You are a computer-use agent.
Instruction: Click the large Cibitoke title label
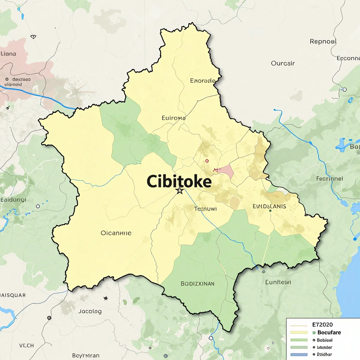click(179, 181)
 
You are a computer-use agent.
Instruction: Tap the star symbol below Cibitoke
click(180, 191)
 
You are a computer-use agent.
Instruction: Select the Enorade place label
click(202, 81)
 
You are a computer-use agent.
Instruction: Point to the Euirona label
click(173, 118)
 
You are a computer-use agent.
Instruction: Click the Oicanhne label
click(116, 233)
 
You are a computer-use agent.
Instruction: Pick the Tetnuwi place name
click(205, 208)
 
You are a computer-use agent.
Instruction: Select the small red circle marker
click(207, 161)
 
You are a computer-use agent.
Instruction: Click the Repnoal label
click(323, 41)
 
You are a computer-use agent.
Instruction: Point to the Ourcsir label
click(283, 64)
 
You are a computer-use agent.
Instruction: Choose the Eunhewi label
click(278, 282)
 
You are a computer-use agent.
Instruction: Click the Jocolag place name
click(90, 311)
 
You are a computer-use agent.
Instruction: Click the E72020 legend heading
click(322, 325)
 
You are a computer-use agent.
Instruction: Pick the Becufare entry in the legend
click(329, 333)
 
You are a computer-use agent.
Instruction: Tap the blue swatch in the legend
click(299, 354)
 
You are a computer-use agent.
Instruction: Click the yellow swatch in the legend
click(299, 333)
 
